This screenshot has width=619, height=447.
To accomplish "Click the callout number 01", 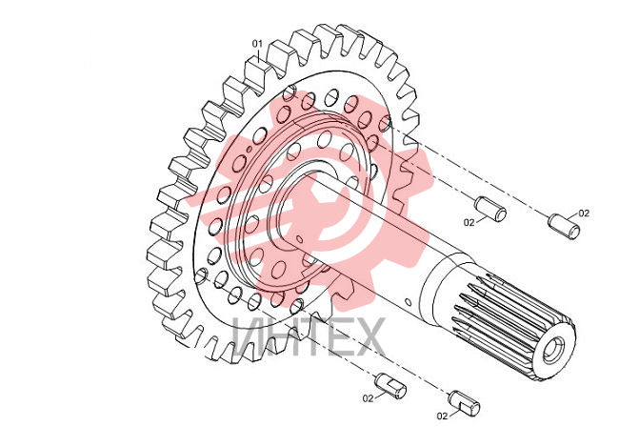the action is click(257, 44).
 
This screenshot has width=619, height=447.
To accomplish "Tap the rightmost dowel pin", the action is click(564, 227).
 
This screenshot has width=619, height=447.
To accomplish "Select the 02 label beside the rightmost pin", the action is click(584, 213).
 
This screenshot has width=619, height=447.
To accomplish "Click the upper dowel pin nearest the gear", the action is click(490, 209).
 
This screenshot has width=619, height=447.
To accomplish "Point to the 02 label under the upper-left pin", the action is click(469, 223).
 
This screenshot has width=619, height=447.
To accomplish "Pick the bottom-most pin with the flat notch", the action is click(465, 403).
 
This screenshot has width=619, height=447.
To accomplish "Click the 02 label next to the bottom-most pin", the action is click(442, 416).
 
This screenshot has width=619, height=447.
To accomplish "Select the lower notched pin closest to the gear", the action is click(390, 385).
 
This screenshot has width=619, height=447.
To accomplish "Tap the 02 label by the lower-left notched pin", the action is click(368, 398).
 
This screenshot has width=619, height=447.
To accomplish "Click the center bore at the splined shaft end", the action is click(553, 349).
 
